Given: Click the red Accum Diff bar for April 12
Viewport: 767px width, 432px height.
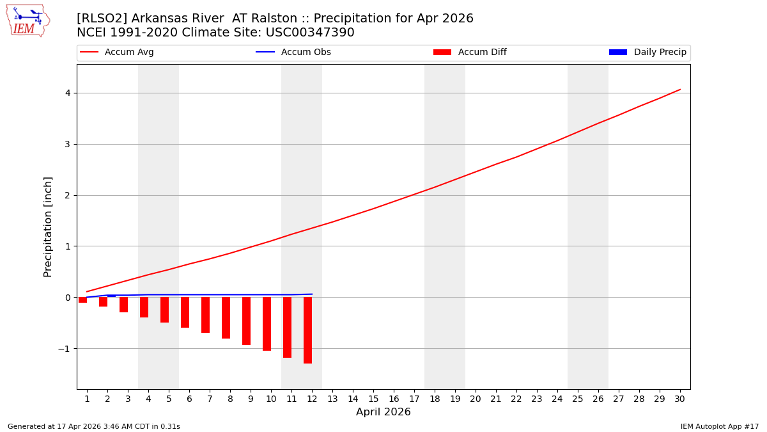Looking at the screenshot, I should tap(307, 330).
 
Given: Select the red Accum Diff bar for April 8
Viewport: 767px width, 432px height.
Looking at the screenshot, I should tap(226, 317).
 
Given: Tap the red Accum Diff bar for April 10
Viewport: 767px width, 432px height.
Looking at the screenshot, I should tap(267, 324).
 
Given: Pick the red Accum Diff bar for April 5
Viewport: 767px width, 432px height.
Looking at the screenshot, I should tap(164, 310).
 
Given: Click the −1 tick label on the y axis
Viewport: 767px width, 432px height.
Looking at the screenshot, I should tap(64, 349).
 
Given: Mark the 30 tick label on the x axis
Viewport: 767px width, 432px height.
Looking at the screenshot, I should tap(679, 399).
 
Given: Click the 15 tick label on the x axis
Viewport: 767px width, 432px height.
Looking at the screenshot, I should tap(373, 399).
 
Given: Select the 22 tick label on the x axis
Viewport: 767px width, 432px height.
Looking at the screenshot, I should tap(516, 399).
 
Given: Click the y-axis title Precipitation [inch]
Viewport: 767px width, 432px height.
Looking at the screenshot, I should tap(49, 227).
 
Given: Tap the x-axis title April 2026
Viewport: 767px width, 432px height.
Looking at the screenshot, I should tap(383, 412).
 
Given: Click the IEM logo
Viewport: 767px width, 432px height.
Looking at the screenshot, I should tap(27, 20).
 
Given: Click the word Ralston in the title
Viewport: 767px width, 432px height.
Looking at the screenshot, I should tap(231, 19).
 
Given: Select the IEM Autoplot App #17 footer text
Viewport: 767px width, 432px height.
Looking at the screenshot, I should tap(720, 426).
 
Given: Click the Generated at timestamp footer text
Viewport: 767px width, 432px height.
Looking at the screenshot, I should tap(94, 426).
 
